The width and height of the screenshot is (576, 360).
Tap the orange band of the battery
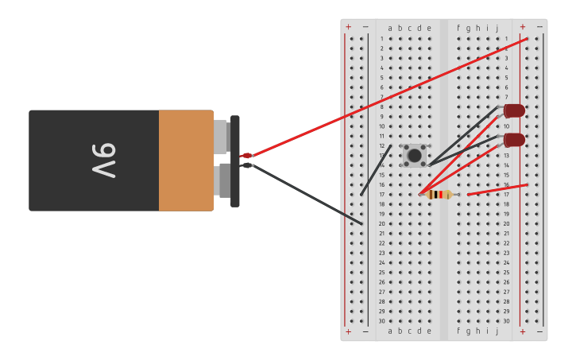(x=186, y=161)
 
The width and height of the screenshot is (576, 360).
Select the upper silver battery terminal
(x=221, y=136)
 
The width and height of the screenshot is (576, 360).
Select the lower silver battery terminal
(x=223, y=180)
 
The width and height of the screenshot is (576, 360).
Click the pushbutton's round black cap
(x=415, y=156)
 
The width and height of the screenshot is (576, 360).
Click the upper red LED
(x=514, y=110)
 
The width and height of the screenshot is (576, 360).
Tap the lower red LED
(x=514, y=140)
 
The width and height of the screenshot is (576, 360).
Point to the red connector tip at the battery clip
(x=247, y=155)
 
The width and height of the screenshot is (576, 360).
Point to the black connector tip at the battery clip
(x=247, y=165)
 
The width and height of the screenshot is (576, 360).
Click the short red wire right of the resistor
(x=497, y=189)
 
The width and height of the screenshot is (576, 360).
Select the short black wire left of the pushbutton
(x=376, y=170)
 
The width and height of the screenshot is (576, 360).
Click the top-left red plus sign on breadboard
(x=348, y=27)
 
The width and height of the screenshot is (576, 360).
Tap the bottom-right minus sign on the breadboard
(x=539, y=331)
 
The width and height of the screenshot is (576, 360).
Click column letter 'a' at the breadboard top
(x=390, y=29)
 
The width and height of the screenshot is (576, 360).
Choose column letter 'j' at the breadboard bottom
(x=497, y=331)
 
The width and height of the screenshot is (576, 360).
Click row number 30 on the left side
(x=381, y=321)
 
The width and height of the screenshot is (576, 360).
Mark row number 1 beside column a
(x=381, y=39)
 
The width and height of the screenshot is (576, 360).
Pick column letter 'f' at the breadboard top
(x=458, y=29)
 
